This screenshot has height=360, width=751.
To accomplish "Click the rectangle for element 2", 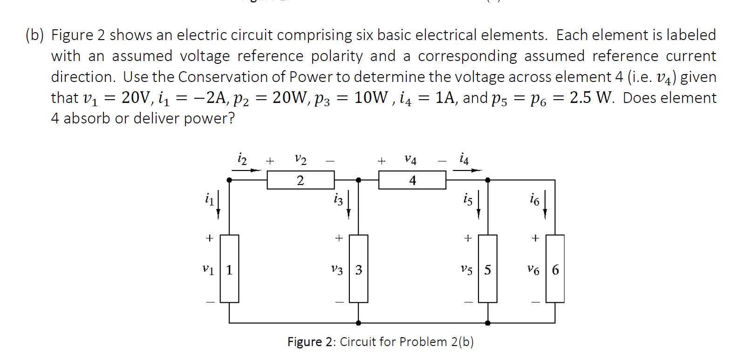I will tap(300, 180).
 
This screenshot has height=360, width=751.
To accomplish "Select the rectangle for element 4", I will tap(412, 180).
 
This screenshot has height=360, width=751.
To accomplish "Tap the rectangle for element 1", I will tap(229, 269).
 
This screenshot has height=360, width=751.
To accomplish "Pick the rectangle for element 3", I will tap(358, 269).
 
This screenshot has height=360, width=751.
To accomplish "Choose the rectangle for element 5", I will tap(487, 269).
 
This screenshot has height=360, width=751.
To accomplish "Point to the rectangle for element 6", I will tap(555, 269).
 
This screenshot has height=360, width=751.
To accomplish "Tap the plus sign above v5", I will tap(468, 238).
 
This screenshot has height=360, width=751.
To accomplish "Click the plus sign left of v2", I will tap(270, 161).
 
